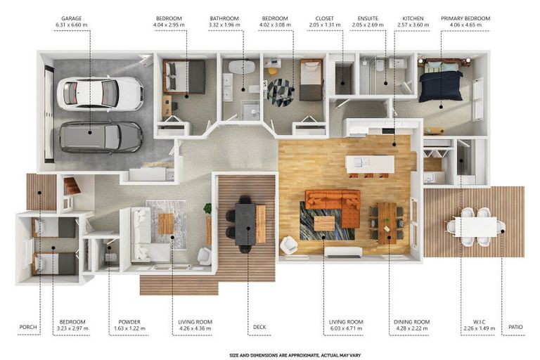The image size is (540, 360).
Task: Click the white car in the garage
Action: (x=100, y=94)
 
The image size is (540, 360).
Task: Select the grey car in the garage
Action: (x=101, y=137)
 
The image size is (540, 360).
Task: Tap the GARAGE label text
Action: (x=72, y=18)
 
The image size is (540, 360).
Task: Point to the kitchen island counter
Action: (x=370, y=164)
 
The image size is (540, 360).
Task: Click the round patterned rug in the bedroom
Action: (x=281, y=92)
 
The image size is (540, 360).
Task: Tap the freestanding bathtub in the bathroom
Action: (x=242, y=67)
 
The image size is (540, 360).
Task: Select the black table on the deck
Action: (x=245, y=224)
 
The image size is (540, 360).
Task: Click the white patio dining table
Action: (x=475, y=226)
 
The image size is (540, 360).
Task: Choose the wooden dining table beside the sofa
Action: (x=387, y=223)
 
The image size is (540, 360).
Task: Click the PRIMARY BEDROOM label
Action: (x=465, y=18)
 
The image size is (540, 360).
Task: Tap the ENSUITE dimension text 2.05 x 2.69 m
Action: (x=368, y=25)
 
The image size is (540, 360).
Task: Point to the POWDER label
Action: (x=129, y=322)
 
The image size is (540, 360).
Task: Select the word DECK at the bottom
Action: (x=259, y=327)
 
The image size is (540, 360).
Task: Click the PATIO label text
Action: (x=515, y=327)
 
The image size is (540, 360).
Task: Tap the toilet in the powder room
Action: (x=110, y=257)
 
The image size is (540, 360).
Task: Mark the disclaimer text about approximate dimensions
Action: (x=295, y=355)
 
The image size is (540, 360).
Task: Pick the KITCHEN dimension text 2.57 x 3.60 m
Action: (x=413, y=25)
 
